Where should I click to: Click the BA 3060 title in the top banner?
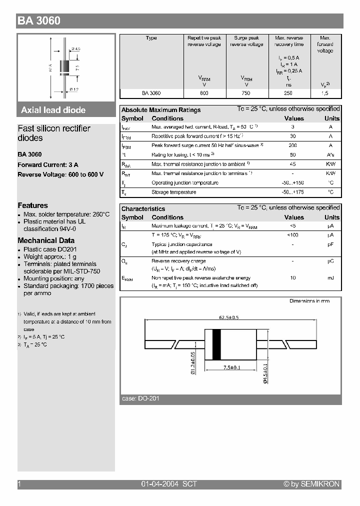point(39,21)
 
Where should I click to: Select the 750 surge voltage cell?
point(246,93)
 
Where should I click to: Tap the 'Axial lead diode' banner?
point(53,110)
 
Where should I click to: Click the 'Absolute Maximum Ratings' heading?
point(161,110)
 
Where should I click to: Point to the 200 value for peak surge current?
point(293,145)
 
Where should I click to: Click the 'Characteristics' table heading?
point(143,208)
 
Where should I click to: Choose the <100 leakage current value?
point(293,235)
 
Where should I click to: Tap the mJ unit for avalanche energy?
point(331,277)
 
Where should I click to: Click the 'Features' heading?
point(33,205)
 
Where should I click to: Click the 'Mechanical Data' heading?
point(46,240)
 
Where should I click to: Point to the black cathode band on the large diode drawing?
point(216,344)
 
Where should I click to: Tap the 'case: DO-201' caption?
point(140,398)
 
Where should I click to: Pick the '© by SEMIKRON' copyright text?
point(311,484)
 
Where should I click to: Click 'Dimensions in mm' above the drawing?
point(309,301)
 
